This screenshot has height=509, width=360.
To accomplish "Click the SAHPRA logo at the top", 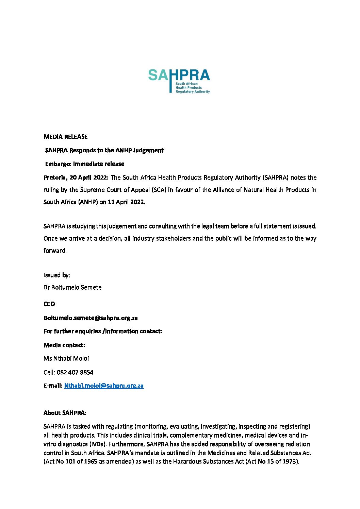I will point(179,81).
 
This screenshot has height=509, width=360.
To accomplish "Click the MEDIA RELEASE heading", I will point(65,137).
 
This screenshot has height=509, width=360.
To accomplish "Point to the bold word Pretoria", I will point(54,177).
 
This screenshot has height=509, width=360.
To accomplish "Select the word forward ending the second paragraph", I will point(54,251).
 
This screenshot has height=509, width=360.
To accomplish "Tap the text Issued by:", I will point(57,275).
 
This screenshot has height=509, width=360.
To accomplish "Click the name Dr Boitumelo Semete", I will point(72,287).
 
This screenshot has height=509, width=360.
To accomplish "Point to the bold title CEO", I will point(49,304).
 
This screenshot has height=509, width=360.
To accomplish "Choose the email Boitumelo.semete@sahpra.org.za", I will point(91,318).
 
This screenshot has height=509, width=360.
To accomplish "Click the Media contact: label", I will point(64,345).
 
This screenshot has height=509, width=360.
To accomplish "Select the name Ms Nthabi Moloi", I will point(66,358).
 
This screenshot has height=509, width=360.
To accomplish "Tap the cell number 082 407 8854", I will point(75,372).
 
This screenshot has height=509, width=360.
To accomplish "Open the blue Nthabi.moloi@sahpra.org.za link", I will point(104,386).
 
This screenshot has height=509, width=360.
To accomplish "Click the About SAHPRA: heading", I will point(65,413).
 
